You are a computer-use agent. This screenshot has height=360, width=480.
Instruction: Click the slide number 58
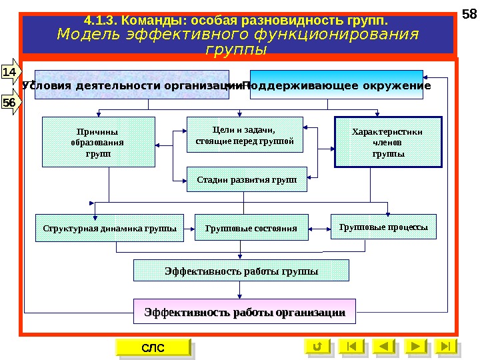pyautogui.click(x=469, y=15)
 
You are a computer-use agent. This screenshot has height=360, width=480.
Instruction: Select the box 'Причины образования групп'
pyautogui.click(x=98, y=142)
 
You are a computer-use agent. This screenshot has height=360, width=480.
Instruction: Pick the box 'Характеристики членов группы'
pyautogui.click(x=387, y=143)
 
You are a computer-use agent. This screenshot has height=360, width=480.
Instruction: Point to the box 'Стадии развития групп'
pyautogui.click(x=246, y=179)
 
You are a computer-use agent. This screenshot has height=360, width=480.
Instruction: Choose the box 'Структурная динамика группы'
pyautogui.click(x=110, y=228)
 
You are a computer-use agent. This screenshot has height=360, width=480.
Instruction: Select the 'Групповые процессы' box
pyautogui.click(x=383, y=227)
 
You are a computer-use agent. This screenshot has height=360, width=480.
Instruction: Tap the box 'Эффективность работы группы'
pyautogui.click(x=241, y=271)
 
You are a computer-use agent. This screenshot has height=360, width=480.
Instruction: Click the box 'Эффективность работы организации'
pyautogui.click(x=245, y=311)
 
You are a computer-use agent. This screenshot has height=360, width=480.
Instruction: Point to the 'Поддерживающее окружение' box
pyautogui.click(x=337, y=85)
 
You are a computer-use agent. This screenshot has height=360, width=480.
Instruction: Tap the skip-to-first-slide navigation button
pyautogui.click(x=351, y=347)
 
